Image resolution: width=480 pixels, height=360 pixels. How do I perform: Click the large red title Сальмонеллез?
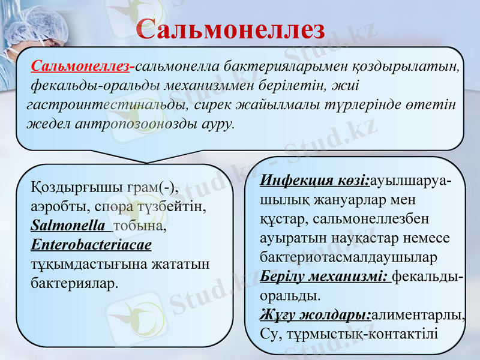coord(230,29)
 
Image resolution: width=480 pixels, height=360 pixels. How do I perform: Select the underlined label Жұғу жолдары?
coord(316,314)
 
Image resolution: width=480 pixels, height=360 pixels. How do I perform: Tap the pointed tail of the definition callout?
coord(146,157)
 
